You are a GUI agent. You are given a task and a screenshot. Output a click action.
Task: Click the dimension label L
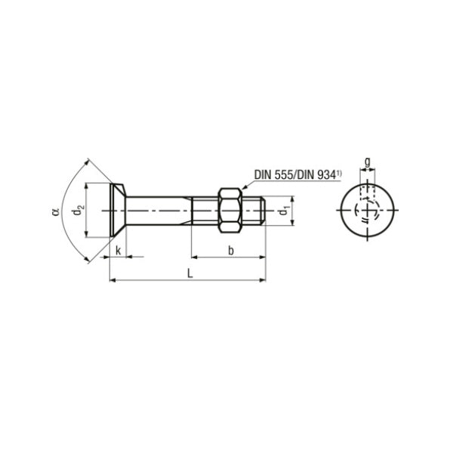tap(190, 273)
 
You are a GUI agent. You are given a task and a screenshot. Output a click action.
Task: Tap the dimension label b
tap(231, 251)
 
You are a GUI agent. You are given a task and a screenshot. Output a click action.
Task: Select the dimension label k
tap(118, 251)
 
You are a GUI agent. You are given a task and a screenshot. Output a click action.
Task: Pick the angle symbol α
tap(56, 211)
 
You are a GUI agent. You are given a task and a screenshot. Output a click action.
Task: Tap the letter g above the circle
tap(367, 162)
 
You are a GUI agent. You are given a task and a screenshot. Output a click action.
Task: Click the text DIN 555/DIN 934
tap(295, 175)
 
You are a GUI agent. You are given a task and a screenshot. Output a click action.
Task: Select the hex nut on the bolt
tap(230, 211)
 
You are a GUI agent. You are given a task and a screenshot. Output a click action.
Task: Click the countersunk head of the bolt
tap(118, 211)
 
